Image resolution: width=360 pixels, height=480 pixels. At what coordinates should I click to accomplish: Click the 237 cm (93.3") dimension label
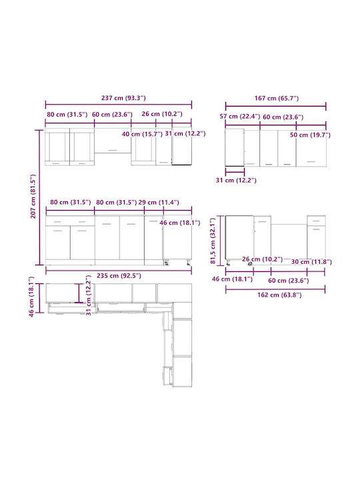tap(123, 98)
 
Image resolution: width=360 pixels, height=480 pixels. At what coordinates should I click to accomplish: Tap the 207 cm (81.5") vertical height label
tap(33, 196)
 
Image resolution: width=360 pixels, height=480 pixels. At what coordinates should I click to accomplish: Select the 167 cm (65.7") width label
tap(277, 98)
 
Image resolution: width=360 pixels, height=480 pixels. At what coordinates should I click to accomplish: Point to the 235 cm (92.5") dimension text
tap(119, 275)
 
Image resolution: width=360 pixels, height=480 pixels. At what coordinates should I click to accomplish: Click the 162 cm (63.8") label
tap(279, 295)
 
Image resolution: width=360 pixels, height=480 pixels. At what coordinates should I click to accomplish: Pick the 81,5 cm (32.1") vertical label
tap(213, 241)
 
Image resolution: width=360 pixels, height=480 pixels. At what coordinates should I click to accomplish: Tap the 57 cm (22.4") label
tap(240, 116)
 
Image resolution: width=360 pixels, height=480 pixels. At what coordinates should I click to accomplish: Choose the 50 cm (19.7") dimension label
tap(310, 135)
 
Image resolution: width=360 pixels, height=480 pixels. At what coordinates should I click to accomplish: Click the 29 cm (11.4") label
tap(159, 203)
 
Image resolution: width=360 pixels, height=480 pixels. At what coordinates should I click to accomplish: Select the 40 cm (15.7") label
tap(142, 134)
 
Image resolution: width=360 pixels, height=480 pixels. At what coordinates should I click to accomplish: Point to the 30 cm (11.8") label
tap(311, 262)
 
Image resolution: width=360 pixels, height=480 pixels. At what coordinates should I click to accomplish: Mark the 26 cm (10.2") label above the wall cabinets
tap(162, 114)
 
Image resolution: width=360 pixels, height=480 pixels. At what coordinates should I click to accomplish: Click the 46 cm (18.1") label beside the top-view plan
tap(31, 297)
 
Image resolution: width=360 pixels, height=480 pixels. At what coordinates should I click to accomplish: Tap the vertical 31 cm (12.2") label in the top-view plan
tap(89, 295)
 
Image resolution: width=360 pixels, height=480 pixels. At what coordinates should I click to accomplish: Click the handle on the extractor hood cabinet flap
tap(113, 150)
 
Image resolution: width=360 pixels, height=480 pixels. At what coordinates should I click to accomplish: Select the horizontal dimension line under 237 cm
tap(119, 105)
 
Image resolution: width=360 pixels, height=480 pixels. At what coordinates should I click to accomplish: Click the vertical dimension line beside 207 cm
tap(39, 197)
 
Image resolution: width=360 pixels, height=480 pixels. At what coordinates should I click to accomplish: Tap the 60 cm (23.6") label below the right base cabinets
tap(289, 281)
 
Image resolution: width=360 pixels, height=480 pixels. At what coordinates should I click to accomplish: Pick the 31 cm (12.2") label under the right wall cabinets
tap(236, 180)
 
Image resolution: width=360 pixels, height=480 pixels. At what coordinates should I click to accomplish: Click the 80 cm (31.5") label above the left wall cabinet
tap(67, 115)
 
